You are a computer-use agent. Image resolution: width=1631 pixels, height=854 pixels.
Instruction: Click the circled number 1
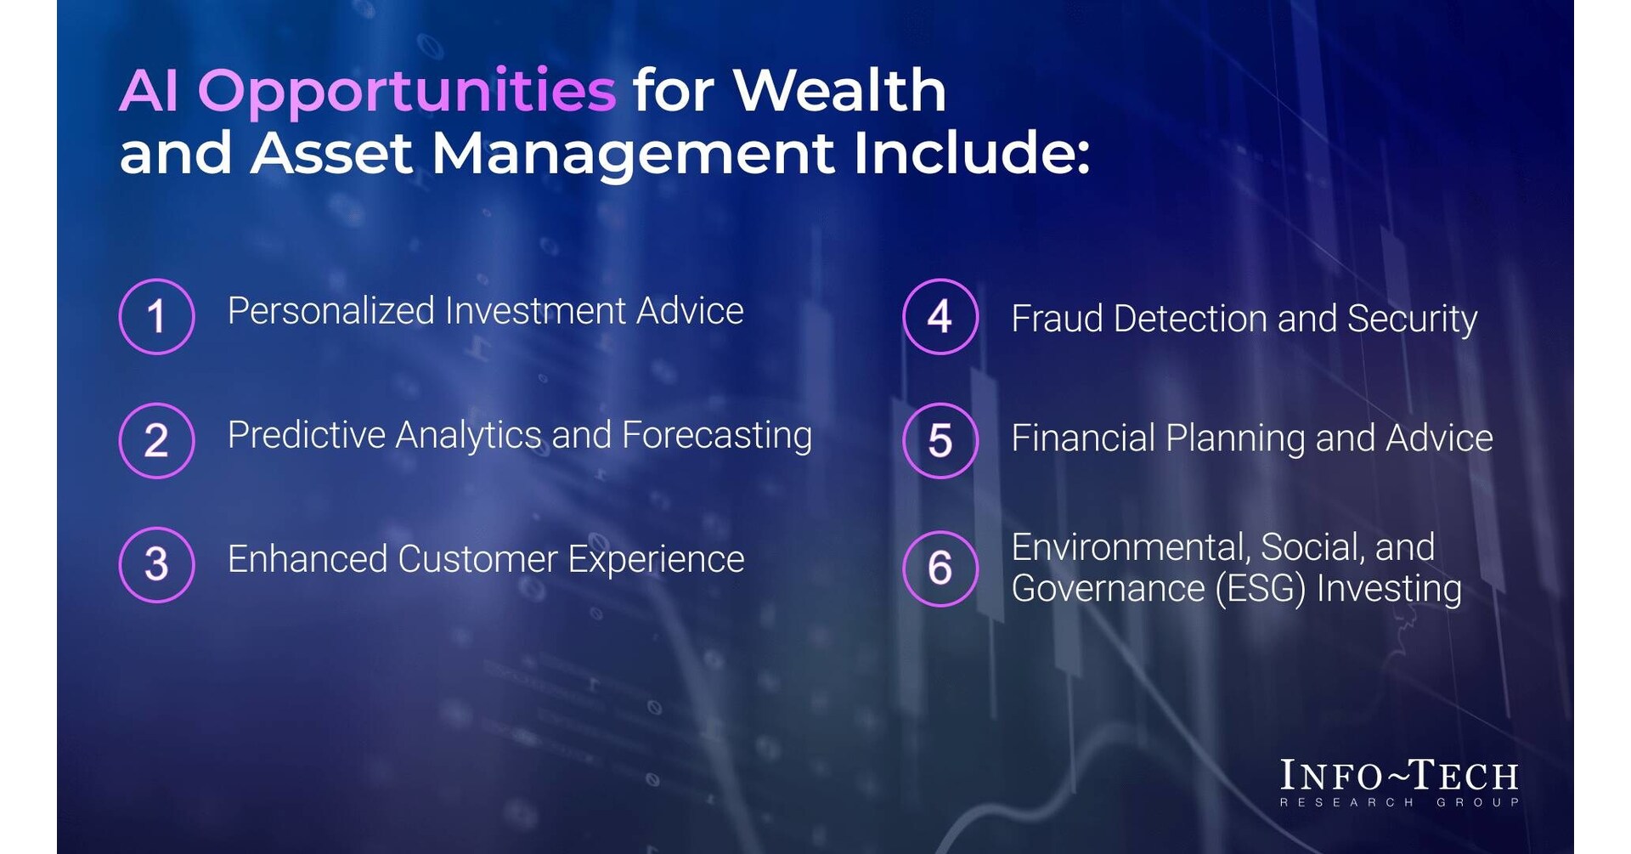156,316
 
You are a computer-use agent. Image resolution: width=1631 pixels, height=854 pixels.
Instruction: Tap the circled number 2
156,440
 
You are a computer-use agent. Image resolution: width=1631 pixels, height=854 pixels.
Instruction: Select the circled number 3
156,564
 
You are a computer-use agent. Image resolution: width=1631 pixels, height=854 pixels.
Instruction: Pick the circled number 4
940,316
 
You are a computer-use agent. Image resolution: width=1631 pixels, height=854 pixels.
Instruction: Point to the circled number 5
940,440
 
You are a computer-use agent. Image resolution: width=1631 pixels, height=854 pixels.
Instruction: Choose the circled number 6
940,568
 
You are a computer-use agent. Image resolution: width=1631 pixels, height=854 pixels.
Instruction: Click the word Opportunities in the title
407,92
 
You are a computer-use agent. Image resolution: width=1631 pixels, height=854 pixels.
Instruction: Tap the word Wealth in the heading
839,90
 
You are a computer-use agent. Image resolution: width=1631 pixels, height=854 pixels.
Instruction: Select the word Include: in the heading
972,154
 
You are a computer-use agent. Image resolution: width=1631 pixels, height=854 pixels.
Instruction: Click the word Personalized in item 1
331,312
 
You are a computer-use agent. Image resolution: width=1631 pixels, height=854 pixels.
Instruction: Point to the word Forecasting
717,436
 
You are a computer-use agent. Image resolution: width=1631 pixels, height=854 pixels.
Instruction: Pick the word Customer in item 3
477,560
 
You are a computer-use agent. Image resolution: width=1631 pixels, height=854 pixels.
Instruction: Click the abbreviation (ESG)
1261,589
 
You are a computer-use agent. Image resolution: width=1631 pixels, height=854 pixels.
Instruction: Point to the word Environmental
1131,548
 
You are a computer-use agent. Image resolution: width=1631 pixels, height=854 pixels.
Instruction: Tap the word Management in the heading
634,154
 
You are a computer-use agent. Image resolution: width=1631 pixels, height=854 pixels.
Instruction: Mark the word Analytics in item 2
468,436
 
